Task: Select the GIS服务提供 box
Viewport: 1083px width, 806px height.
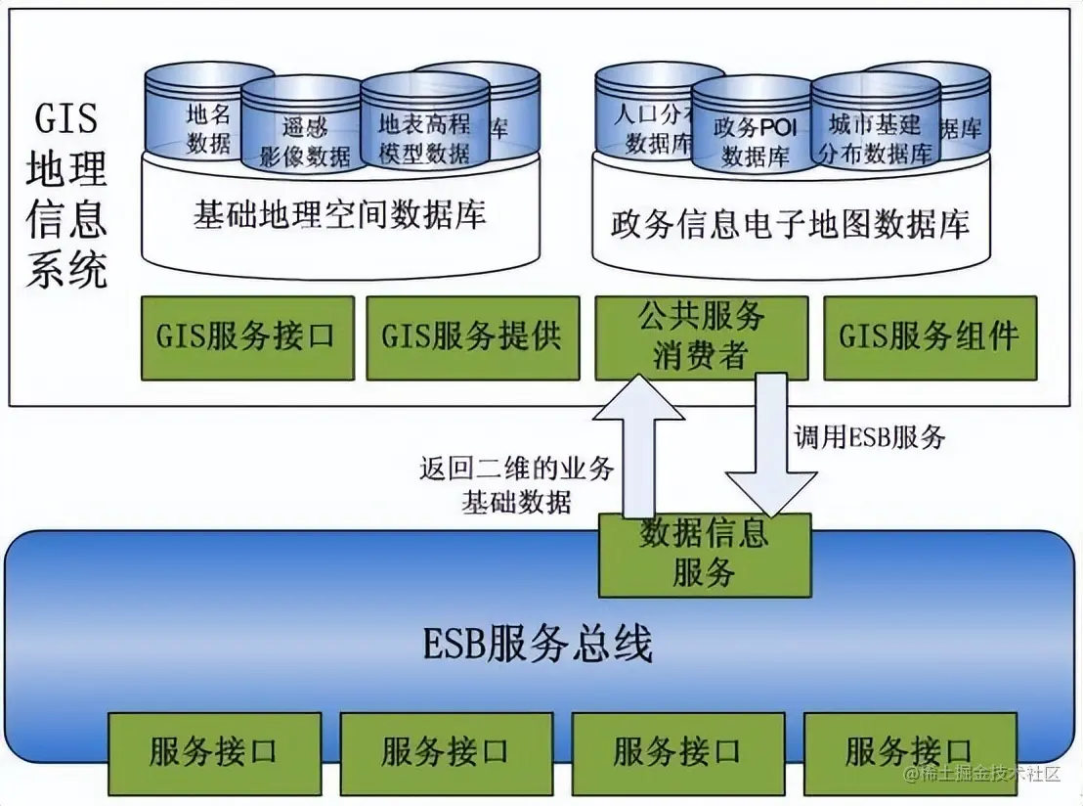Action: (471, 337)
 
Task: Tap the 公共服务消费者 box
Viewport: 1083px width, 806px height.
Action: (701, 337)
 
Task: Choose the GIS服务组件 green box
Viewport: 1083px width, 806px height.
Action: (929, 337)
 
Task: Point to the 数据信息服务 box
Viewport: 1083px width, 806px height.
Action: (704, 554)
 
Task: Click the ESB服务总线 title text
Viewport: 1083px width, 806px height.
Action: (538, 646)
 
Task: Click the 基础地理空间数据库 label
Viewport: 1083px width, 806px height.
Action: (339, 214)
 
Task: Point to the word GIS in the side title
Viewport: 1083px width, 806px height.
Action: (65, 118)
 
